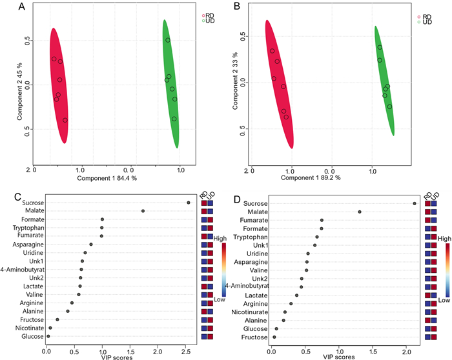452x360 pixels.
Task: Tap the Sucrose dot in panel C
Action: click(189, 203)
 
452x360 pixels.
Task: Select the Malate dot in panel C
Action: click(143, 211)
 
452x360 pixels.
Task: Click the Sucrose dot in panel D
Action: click(414, 204)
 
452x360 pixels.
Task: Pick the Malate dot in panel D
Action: click(360, 212)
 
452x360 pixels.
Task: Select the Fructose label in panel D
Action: click(251, 336)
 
